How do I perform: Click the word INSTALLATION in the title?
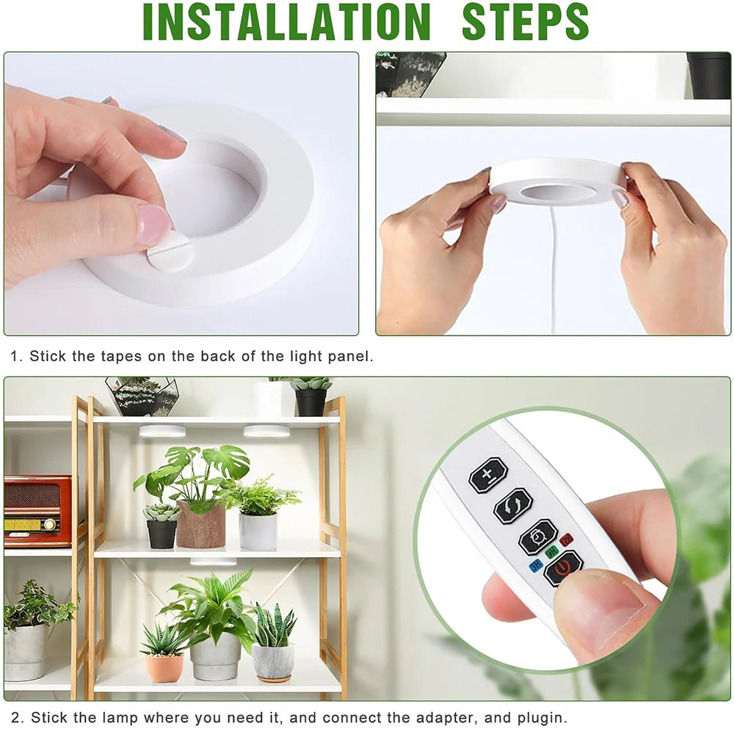click(286, 22)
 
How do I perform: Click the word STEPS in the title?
click(525, 22)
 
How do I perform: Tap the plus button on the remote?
click(488, 476)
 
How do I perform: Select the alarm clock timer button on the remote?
click(537, 537)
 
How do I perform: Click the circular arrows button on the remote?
click(512, 506)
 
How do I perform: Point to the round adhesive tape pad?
click(170, 252)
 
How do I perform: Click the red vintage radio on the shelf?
click(37, 510)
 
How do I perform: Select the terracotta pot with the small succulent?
click(164, 666)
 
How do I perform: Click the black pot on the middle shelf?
click(161, 533)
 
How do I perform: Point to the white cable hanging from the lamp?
click(553, 272)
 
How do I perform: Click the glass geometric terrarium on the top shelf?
click(142, 396)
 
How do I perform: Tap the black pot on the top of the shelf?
click(310, 401)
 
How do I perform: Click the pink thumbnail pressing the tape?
click(153, 224)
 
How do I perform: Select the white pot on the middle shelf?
click(258, 530)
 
